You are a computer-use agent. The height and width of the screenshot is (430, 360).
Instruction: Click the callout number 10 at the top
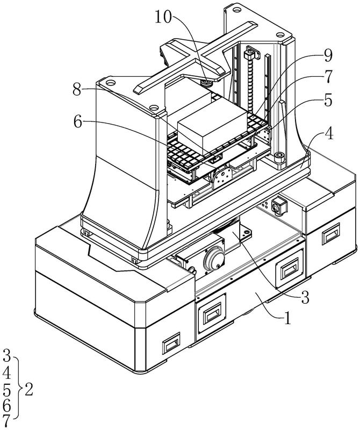[x=163, y=17]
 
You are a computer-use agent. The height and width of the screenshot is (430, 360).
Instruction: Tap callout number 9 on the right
[x=327, y=56]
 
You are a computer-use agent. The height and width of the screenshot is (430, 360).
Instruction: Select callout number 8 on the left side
[x=77, y=89]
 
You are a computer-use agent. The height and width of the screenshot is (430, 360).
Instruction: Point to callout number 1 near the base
[x=287, y=318]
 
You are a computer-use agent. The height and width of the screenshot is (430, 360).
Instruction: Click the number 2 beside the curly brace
[x=29, y=389]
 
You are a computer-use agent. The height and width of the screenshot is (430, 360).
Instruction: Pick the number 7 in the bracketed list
[x=6, y=422]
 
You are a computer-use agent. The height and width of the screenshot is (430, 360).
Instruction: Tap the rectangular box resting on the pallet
[x=212, y=127]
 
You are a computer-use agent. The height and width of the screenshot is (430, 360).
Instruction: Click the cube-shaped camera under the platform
[x=279, y=205]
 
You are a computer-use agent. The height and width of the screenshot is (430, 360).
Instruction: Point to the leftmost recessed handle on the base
[x=171, y=342]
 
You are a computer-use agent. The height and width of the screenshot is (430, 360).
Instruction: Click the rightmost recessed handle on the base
[x=331, y=234]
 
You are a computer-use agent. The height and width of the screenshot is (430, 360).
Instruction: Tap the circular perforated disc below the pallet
[x=222, y=176]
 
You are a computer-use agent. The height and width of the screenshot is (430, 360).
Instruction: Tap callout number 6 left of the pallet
[x=78, y=122]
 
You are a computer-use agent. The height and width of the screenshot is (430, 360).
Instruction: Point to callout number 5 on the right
[x=328, y=100]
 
